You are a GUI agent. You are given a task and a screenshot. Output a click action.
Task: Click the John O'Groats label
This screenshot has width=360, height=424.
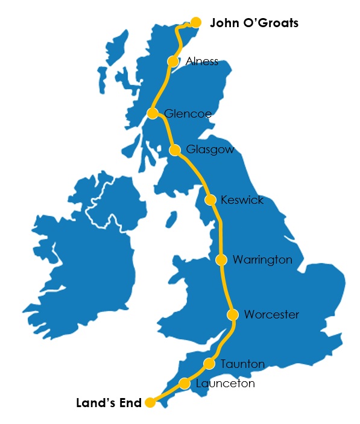(254, 24)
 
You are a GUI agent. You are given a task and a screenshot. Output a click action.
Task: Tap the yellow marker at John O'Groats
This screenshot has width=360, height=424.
(195, 22)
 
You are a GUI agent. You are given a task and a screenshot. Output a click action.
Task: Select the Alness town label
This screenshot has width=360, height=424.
(202, 62)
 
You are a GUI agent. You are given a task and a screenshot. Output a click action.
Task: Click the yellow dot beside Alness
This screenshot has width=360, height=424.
(173, 62)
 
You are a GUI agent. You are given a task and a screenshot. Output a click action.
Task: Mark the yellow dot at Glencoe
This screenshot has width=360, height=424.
(153, 113)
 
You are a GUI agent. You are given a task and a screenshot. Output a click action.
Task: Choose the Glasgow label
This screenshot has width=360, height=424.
(210, 150)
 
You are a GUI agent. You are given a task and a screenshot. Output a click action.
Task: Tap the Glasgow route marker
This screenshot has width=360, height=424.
(174, 150)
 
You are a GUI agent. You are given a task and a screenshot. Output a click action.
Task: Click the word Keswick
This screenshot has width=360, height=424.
(242, 200)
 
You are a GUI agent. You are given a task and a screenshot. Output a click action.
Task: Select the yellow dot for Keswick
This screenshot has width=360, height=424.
(210, 200)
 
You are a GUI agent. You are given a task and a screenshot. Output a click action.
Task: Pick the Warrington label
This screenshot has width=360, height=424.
(262, 260)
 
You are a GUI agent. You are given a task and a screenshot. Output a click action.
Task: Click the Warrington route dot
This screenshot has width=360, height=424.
(221, 260)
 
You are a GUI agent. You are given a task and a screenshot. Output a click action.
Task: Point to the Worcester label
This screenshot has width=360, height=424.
(271, 315)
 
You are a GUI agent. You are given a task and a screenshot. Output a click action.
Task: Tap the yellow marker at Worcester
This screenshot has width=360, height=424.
(233, 315)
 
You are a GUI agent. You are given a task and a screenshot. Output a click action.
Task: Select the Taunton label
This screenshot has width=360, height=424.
(242, 364)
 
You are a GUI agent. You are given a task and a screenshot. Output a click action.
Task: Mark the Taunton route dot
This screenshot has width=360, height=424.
(209, 364)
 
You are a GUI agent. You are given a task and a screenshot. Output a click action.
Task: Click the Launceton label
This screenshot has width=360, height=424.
(225, 384)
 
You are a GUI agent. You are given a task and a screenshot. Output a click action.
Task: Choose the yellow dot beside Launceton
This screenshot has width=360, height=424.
(185, 384)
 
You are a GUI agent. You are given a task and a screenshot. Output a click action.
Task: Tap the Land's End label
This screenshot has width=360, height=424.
(109, 402)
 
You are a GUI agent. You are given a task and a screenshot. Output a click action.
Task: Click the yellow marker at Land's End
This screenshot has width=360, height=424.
(150, 403)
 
